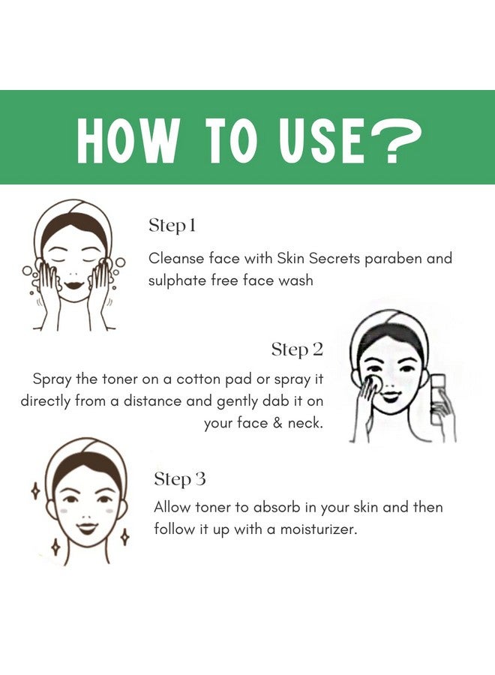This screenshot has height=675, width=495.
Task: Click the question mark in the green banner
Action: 394,141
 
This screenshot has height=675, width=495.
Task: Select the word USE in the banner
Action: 322,141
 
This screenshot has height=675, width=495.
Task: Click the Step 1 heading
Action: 172,226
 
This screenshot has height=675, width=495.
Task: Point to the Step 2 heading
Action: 297,350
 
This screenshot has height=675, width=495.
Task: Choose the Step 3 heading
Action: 180,479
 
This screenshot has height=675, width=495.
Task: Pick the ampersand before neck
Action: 277,423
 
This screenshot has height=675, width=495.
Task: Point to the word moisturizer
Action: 319,529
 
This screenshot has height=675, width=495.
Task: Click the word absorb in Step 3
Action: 277,507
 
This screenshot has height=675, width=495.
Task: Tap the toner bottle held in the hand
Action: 437,399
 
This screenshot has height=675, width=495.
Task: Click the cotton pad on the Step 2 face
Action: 373,382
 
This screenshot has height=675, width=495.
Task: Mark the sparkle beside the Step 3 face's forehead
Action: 37,491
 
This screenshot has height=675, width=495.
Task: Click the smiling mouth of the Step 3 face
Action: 87,528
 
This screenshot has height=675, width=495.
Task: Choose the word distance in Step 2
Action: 152,401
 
